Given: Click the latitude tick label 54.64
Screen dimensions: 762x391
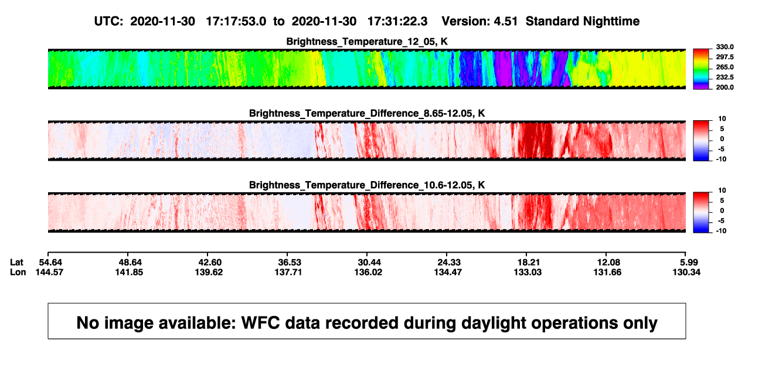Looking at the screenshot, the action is (x=50, y=263).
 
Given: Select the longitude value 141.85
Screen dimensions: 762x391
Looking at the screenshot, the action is (x=129, y=272).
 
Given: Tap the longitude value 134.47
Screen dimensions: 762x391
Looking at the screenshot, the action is (x=448, y=272).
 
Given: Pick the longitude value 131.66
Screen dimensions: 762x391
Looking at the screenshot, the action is (x=607, y=272).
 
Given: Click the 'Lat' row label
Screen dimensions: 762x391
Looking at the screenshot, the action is (x=16, y=263).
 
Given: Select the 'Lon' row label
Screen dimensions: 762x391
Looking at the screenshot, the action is (x=18, y=272).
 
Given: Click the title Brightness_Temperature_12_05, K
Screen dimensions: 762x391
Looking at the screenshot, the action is (x=367, y=42).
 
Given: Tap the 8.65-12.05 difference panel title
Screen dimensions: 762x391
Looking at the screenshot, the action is (x=367, y=113).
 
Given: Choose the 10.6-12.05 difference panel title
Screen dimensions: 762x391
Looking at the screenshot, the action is (x=367, y=185).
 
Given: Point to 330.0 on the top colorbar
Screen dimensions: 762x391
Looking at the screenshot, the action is (x=724, y=47).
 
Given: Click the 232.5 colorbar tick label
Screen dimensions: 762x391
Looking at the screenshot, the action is (x=724, y=77).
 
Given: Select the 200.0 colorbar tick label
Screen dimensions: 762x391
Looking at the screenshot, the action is (x=724, y=87).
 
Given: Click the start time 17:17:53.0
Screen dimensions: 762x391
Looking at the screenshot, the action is (x=236, y=22).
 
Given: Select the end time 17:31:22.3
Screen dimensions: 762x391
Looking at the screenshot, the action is (x=397, y=22).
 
